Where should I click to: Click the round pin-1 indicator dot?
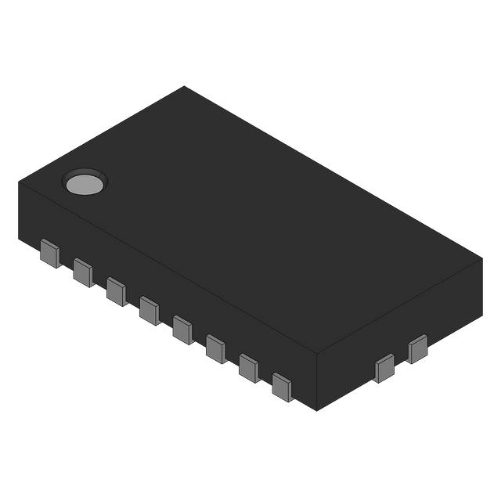pos(84,183)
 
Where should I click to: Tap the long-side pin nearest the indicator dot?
pos(49,254)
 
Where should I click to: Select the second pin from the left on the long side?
pos(83,272)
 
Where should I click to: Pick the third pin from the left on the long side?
pos(116,291)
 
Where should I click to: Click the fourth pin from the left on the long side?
pos(150,310)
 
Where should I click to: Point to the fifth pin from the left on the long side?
pos(182,329)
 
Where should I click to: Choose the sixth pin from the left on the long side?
pos(216,348)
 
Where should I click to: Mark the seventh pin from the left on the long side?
pos(249,367)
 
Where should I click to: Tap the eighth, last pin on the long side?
pos(282,386)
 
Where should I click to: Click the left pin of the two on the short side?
pos(384,368)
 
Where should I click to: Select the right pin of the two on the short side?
pos(417,349)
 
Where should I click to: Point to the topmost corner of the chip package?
pos(185,87)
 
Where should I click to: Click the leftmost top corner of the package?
pos(19,182)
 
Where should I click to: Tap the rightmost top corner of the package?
pos(481,259)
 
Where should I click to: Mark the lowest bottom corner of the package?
pos(316,410)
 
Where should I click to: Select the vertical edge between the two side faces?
pos(316,382)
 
